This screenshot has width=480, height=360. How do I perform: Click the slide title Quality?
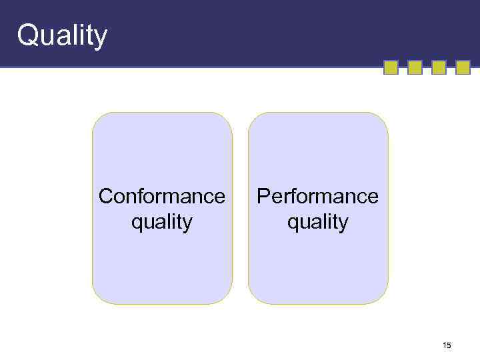(x=62, y=35)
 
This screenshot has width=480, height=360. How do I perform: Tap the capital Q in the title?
(x=29, y=34)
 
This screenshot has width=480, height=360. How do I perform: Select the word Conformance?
(x=162, y=197)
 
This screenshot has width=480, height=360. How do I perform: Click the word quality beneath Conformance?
(x=162, y=221)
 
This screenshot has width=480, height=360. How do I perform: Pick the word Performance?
(x=317, y=197)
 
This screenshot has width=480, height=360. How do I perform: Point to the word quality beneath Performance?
(x=317, y=221)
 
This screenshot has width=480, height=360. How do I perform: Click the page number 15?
(x=447, y=345)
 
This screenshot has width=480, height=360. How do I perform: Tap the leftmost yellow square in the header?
(x=391, y=67)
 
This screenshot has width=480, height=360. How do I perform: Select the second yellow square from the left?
(x=415, y=67)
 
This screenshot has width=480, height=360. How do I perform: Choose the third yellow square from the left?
(x=439, y=67)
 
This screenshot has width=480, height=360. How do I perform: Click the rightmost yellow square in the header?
(x=463, y=67)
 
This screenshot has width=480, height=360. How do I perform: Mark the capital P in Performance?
(x=264, y=197)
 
